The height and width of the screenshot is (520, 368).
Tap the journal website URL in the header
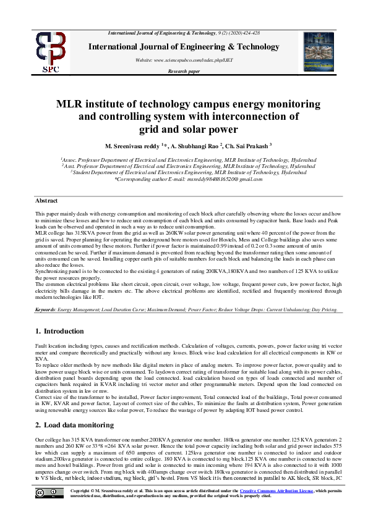click(184, 59)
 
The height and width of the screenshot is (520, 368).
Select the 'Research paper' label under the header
click(184, 72)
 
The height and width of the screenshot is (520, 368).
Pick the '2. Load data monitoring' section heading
click(74, 407)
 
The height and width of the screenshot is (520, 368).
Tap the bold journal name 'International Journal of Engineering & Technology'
click(184, 46)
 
